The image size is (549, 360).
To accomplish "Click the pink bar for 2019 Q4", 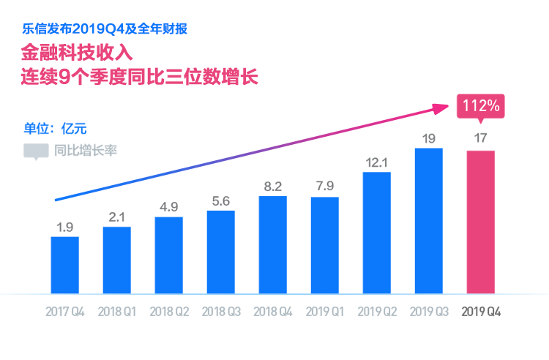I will [481, 222].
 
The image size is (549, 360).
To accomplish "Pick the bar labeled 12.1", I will [377, 233].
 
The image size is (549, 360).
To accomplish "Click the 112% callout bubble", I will [479, 106].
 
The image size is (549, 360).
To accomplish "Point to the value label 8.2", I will [273, 187].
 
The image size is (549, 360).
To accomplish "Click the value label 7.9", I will [325, 187].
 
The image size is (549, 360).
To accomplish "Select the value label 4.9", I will [169, 206].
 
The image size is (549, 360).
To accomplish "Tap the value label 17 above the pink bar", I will [481, 138].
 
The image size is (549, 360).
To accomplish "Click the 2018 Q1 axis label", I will [117, 312].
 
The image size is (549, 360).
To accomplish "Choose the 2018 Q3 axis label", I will [221, 312].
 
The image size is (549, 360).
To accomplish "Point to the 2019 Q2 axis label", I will [377, 312].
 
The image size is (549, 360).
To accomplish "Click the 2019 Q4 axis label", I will [481, 312].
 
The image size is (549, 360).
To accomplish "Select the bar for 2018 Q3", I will [221, 252].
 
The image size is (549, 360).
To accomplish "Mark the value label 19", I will [429, 137].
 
